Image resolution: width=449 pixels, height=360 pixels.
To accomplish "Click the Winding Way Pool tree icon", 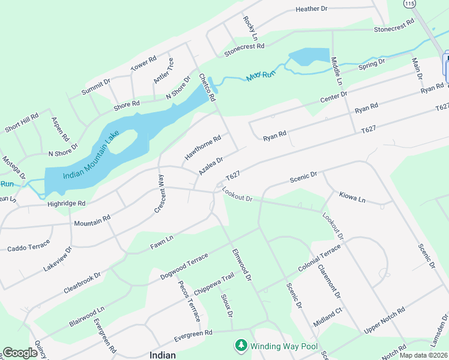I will (241, 346).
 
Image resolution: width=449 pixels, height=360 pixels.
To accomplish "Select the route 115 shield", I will (410, 4).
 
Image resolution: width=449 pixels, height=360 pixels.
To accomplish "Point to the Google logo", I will (20, 353).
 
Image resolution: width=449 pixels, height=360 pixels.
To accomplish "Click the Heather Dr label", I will (312, 9).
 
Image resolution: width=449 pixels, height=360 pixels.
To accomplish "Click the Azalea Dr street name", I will (211, 166).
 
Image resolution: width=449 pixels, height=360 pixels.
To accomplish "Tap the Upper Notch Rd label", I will (385, 321).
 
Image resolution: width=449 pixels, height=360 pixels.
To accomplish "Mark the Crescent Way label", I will (160, 190).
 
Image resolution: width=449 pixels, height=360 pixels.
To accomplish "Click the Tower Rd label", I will (143, 64).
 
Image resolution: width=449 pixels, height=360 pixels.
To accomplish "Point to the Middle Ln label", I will (337, 70).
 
